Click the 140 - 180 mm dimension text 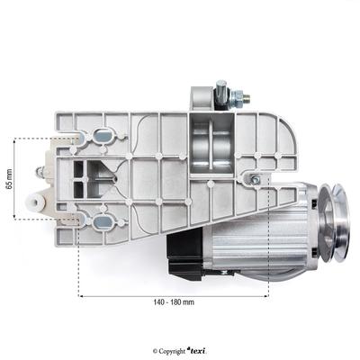pos(174,303)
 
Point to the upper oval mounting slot pos(101,135)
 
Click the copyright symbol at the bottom pos(157,351)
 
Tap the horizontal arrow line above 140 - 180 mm pos(174,294)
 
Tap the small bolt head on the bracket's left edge pos(40,171)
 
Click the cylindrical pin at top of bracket pos(220,89)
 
